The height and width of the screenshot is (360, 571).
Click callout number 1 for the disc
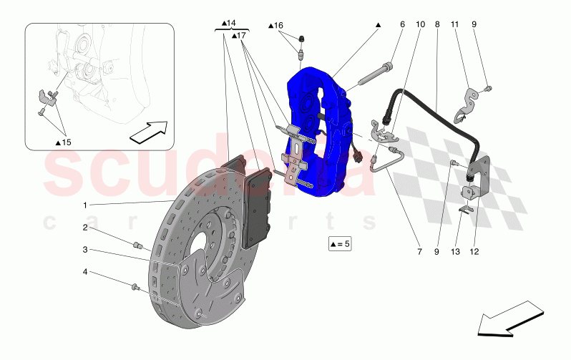[85, 205]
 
